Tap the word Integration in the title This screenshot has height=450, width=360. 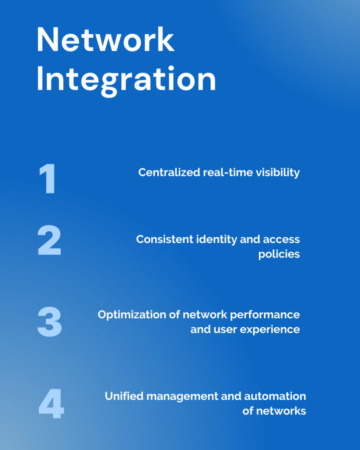coord(126,80)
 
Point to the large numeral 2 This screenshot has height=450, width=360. coord(49,240)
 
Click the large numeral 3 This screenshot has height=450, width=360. coord(50,321)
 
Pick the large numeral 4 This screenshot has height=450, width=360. coord(51,403)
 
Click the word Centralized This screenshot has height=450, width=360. coord(169,172)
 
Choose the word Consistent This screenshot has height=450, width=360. coord(165,239)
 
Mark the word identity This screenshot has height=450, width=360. coord(217,240)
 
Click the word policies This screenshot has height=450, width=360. coord(279,254)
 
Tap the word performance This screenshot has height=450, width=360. coord(265,315)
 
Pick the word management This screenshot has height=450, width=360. coord(182,397)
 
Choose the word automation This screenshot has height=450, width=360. coord(275,396)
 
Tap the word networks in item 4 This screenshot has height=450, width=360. coord(281,411)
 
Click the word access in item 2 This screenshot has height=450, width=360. coord(281,240)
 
